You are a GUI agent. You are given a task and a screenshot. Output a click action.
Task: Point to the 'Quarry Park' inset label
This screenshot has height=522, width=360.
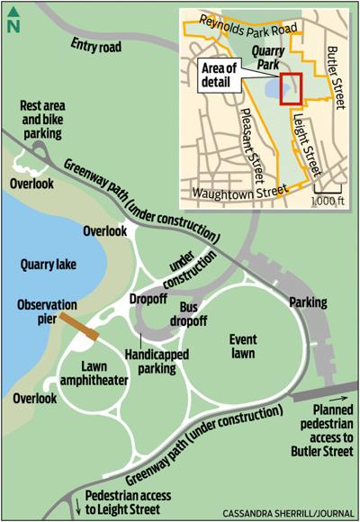coord(267,58)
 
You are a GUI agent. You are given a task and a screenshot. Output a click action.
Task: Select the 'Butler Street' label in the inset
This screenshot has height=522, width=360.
coord(336,76)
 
